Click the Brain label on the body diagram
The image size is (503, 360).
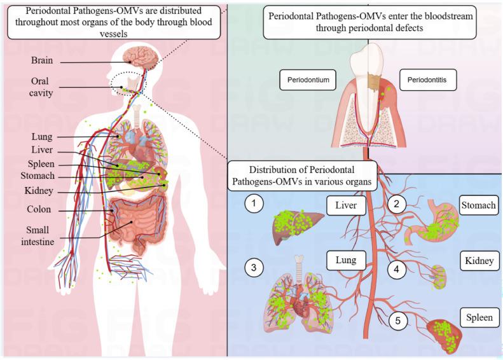(x=42, y=60)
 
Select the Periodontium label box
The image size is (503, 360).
(x=308, y=80)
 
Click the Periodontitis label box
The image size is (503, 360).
(x=427, y=80)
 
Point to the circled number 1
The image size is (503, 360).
(x=254, y=203)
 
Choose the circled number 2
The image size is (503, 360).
(x=397, y=204)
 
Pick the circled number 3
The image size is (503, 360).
(x=254, y=267)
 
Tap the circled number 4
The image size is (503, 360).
(x=397, y=269)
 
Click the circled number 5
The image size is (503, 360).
(x=398, y=321)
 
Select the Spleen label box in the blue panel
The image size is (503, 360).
(x=479, y=317)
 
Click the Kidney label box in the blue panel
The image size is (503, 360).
(x=479, y=261)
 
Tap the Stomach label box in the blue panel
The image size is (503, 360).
(x=479, y=205)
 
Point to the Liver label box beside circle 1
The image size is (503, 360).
(x=346, y=205)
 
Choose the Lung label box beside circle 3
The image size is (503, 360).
(x=346, y=260)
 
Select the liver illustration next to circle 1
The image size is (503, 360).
(x=297, y=226)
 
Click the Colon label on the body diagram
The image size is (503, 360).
(x=39, y=209)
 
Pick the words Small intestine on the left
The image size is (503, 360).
(x=38, y=236)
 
